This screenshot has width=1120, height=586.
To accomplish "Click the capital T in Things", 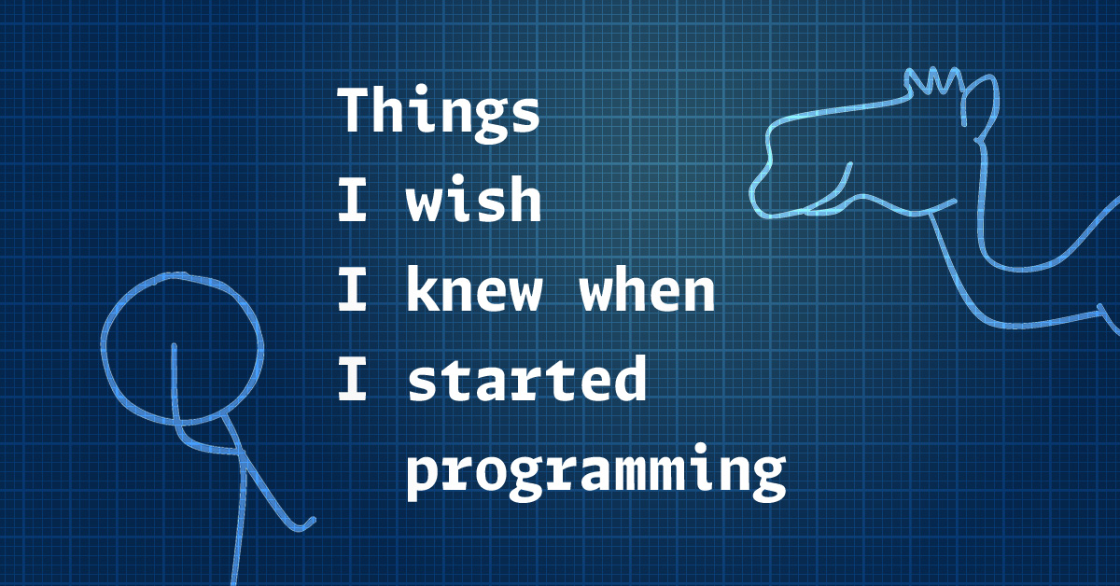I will [353, 110].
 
